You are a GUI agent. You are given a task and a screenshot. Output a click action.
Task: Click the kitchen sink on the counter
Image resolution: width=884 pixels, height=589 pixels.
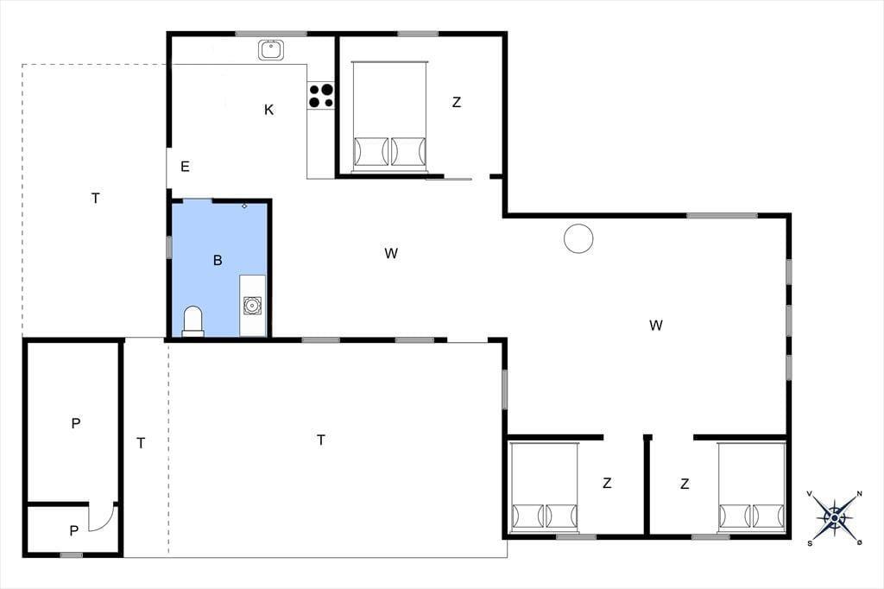(x=270, y=49)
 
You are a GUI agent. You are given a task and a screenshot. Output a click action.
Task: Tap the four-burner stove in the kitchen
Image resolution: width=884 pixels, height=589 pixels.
(x=321, y=95)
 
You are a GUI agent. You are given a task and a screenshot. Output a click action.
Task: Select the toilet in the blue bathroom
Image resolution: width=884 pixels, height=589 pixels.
(x=193, y=321)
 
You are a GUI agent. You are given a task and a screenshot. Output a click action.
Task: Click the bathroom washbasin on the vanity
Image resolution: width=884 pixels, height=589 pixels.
(x=252, y=305)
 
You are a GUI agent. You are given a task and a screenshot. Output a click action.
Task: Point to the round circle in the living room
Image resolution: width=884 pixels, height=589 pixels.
(x=578, y=238)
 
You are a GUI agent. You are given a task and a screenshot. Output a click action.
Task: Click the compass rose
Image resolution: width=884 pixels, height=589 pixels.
(x=835, y=517)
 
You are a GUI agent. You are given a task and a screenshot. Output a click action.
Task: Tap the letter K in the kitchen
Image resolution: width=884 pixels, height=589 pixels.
(x=269, y=110)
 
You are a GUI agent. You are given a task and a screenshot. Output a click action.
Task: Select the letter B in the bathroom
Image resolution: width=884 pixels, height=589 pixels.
(x=218, y=260)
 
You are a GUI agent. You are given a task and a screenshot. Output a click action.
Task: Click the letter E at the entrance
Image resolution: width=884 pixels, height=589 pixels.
(x=185, y=167)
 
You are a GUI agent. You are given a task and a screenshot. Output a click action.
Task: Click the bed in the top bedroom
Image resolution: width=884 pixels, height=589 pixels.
(x=389, y=117)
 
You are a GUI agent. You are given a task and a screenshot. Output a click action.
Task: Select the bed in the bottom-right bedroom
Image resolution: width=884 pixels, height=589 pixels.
(x=752, y=487)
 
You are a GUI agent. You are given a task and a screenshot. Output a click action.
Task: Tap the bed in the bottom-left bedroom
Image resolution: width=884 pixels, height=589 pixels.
(x=545, y=487)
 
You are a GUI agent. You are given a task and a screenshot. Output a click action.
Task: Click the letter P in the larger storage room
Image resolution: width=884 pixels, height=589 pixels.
(x=76, y=423)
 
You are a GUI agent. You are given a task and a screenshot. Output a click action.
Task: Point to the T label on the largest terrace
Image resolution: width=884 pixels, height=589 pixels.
(x=321, y=440)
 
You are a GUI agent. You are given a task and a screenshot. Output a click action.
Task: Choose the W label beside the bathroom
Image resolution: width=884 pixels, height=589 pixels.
(x=391, y=253)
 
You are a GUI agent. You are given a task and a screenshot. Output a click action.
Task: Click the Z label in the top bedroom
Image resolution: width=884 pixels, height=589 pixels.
(x=457, y=102)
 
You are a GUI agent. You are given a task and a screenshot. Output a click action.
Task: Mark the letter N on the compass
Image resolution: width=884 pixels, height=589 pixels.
(x=860, y=494)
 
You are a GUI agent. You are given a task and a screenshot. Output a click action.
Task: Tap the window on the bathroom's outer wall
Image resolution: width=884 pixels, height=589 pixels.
(x=168, y=247)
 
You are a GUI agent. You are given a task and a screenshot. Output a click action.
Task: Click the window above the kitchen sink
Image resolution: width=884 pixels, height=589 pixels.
(x=271, y=34)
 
